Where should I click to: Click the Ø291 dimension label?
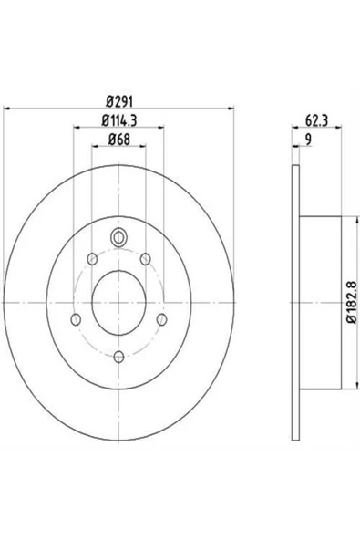(119, 102)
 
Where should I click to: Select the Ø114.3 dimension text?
(119, 120)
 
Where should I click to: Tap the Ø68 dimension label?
(119, 140)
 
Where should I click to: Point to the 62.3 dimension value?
(316, 121)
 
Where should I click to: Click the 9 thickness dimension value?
(308, 140)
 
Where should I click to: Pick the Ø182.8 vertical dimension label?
(352, 302)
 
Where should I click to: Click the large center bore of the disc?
(118, 302)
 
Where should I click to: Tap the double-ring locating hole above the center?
(118, 237)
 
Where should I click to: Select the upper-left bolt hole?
(92, 259)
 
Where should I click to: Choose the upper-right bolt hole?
(146, 259)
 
